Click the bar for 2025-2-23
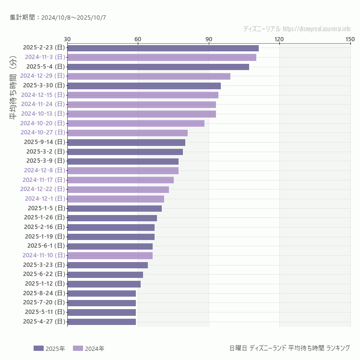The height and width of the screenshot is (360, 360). point(163,48)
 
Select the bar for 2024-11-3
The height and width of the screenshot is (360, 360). point(162,57)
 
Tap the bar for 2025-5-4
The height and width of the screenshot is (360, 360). point(158,67)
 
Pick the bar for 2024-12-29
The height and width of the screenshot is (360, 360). point(149,76)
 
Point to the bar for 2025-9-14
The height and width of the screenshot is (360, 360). point(126,142)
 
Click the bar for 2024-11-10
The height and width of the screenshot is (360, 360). point(110,255)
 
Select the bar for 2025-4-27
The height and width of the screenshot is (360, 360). point(102,322)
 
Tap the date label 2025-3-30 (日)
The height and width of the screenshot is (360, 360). point(45,85)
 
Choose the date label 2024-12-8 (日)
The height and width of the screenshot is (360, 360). point(44,170)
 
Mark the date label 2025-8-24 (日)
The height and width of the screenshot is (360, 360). point(44,293)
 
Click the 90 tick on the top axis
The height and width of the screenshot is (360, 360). point(209,39)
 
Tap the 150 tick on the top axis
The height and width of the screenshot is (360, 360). point(349,39)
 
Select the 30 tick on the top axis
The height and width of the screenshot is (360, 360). point(67,39)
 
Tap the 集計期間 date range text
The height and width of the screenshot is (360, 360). point(58,18)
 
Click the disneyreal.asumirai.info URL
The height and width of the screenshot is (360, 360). point(316,29)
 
